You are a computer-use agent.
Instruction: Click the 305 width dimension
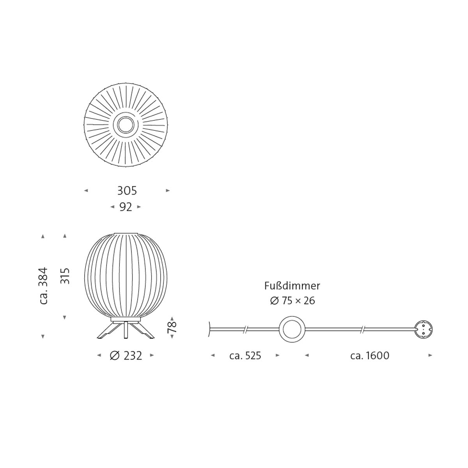(x=127, y=191)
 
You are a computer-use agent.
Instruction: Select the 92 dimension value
(x=126, y=207)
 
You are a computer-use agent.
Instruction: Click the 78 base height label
(x=172, y=327)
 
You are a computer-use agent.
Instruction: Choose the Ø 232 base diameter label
(x=126, y=356)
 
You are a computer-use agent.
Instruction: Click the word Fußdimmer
(x=292, y=286)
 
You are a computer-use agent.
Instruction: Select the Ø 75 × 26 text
(x=292, y=301)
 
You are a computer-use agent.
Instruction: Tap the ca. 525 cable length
(x=245, y=356)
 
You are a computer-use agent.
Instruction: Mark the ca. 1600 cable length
(x=369, y=356)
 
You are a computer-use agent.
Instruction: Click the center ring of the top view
(x=126, y=125)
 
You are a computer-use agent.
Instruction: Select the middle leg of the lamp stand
(x=126, y=330)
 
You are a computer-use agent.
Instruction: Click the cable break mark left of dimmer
(x=245, y=330)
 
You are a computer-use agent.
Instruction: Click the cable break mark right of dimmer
(x=363, y=330)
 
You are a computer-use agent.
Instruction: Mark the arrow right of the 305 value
(x=168, y=191)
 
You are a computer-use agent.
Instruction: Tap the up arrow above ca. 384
(x=43, y=236)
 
